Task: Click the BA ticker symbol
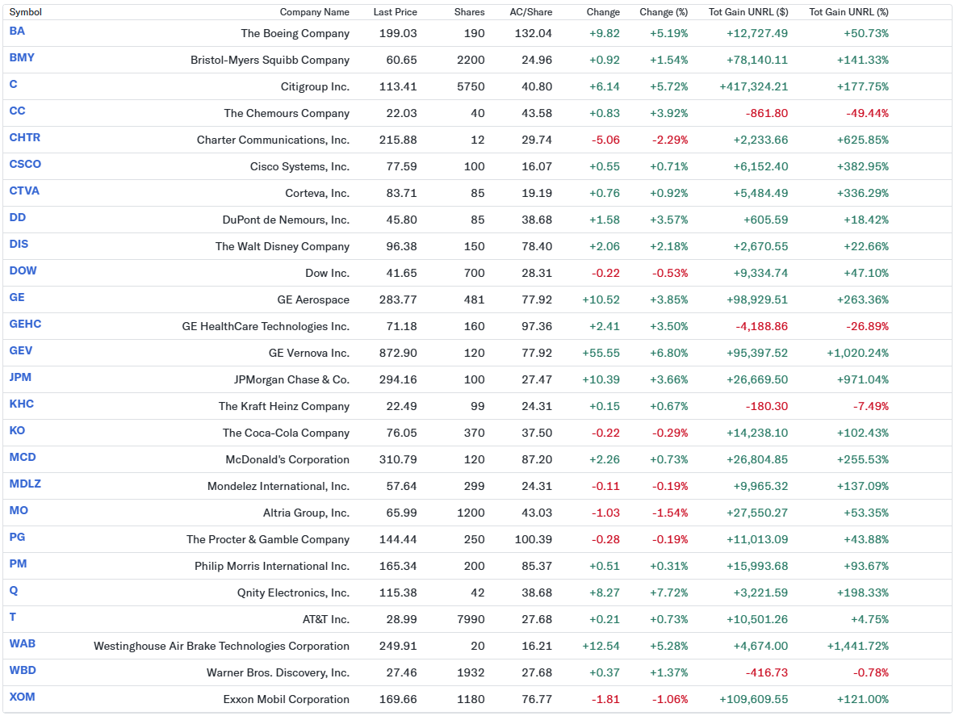coord(17,31)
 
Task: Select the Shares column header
coord(469,12)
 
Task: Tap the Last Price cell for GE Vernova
coord(398,353)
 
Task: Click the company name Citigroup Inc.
coord(315,86)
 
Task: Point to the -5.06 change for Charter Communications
coord(605,140)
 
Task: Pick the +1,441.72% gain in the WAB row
coord(857,646)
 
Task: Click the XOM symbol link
coord(22,697)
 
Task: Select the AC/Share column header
coord(530,12)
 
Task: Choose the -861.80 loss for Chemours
coord(766,113)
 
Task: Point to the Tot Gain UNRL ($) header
coord(748,12)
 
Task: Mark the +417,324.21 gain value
coord(753,86)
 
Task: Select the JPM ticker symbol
coord(20,377)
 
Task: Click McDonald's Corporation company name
coord(287,459)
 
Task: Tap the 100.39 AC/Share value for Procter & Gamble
coord(533,539)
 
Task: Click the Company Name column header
coord(314,12)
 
